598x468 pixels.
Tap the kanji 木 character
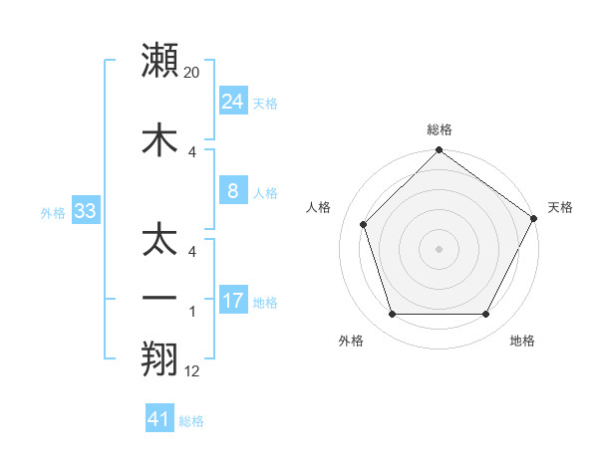click(x=160, y=137)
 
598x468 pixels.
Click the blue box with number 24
click(x=232, y=102)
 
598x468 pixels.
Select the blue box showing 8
click(x=232, y=191)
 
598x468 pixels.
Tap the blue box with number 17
click(x=232, y=301)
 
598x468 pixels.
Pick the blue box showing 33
click(x=85, y=211)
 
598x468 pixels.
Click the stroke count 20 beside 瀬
click(x=192, y=73)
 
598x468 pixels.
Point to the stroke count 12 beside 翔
click(x=192, y=371)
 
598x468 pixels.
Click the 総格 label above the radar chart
click(x=440, y=129)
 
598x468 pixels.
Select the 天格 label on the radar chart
click(x=560, y=207)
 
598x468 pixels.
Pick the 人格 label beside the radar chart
click(x=319, y=207)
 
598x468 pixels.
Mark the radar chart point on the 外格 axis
click(x=392, y=315)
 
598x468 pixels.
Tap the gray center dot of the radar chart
click(x=440, y=249)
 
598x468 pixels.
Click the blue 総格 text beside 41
click(x=191, y=421)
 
